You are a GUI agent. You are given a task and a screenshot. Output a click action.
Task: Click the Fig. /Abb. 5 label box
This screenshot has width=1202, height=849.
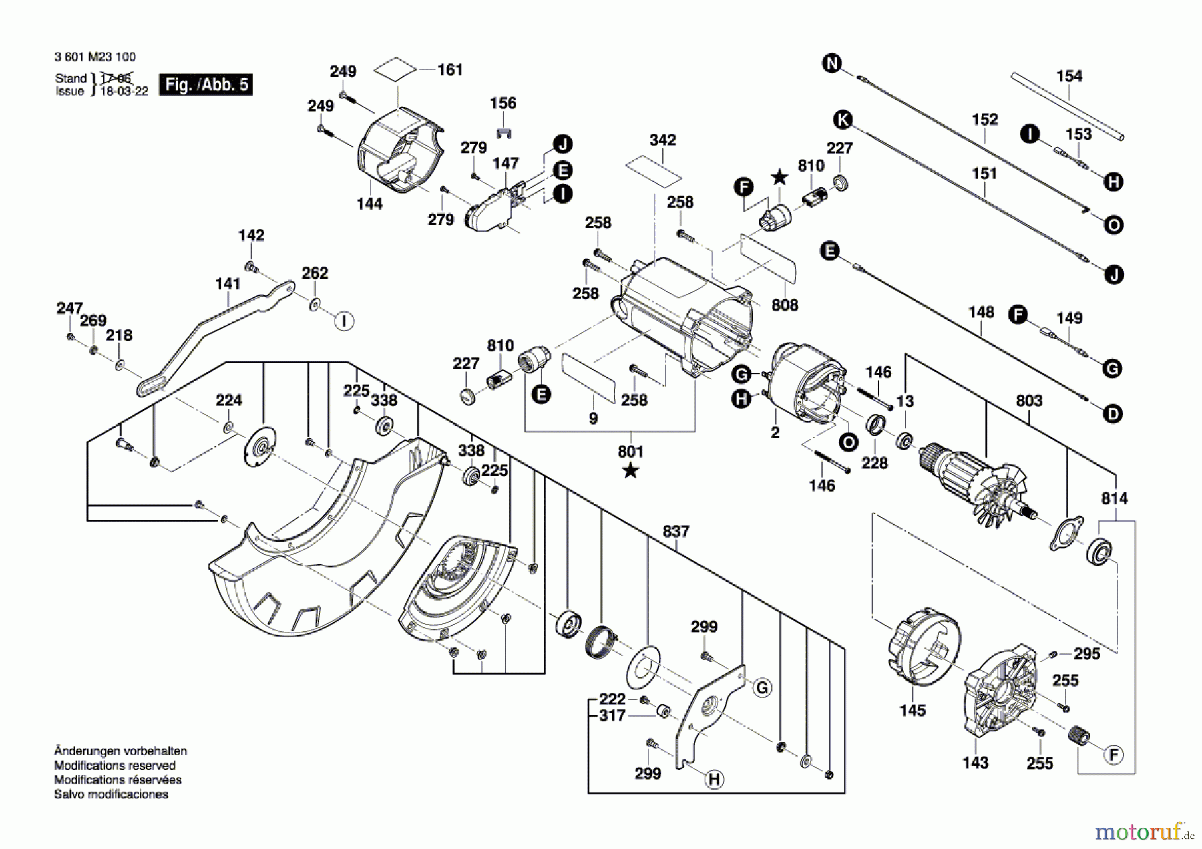(x=206, y=84)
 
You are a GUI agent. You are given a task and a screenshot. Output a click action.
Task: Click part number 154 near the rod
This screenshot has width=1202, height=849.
(x=1069, y=76)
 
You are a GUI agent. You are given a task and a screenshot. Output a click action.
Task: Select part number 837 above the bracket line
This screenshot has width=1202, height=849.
(x=676, y=532)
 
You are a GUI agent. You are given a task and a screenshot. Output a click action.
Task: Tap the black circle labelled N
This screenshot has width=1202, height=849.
(x=831, y=63)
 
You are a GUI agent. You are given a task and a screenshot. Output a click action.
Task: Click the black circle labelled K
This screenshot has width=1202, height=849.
(x=843, y=120)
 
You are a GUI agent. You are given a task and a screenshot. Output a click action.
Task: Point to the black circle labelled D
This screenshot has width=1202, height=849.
(x=1113, y=414)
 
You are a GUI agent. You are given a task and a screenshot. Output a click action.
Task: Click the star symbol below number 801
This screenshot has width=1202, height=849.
(x=630, y=472)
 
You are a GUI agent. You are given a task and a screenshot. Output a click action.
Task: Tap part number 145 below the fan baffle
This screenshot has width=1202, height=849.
(x=912, y=711)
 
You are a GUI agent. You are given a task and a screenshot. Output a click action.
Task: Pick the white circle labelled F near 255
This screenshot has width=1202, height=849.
(x=1113, y=755)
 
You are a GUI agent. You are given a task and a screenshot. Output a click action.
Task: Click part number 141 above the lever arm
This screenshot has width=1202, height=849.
(x=228, y=283)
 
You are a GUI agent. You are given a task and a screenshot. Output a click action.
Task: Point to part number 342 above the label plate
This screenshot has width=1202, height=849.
(x=662, y=140)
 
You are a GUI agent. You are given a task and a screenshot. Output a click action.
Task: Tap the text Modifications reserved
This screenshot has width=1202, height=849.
(x=115, y=766)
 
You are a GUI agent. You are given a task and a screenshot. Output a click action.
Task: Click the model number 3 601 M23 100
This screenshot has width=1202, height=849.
(x=95, y=57)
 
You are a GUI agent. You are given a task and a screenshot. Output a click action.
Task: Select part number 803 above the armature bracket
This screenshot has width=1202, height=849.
(x=1028, y=401)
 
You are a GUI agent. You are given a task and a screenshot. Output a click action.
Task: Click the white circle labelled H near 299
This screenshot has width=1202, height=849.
(x=714, y=779)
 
